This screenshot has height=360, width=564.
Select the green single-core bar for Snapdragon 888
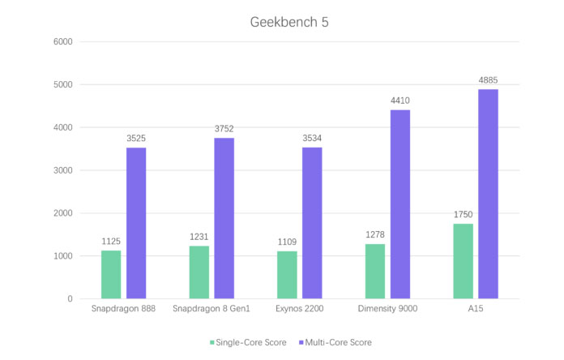[111, 275]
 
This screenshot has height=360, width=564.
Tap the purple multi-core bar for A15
[488, 194]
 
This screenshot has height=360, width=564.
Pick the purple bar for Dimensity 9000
[400, 204]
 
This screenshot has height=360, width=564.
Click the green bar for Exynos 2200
[287, 275]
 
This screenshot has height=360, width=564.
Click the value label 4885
[489, 79]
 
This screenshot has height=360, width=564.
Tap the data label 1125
[111, 241]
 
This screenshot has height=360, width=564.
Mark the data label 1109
[287, 242]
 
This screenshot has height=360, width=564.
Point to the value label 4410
[400, 100]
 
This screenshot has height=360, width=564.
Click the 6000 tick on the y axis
[62, 42]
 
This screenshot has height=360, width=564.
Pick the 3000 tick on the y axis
[62, 170]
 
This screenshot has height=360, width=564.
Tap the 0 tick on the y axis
[69, 299]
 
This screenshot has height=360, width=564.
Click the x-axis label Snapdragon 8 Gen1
[211, 309]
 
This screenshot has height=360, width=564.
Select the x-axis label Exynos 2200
[299, 309]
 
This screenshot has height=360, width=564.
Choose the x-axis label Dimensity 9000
[387, 309]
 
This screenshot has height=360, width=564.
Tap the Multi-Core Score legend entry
[338, 342]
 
